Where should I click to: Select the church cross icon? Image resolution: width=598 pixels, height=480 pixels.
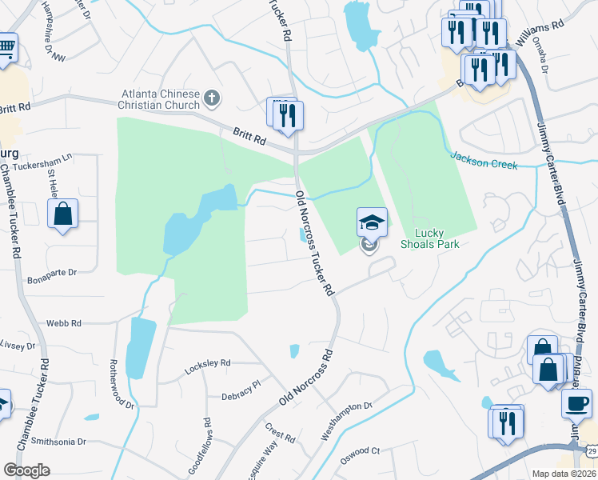[x=212, y=99]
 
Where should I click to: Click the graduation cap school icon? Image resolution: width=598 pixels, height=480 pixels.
[x=372, y=222]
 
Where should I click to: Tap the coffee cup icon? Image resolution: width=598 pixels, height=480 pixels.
[x=576, y=403]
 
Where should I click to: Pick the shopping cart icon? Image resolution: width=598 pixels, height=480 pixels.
[x=6, y=46]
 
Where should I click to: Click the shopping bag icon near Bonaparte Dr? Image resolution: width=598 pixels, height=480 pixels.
[x=62, y=214]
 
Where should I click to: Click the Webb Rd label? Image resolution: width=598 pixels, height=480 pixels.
[x=64, y=323]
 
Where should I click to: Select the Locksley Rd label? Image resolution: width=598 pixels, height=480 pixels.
[x=207, y=363]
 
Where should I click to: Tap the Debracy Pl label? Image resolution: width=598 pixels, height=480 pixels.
[x=241, y=385]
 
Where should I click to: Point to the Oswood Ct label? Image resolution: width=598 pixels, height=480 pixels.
[x=361, y=450]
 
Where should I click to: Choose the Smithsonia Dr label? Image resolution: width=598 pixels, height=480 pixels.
[x=58, y=441]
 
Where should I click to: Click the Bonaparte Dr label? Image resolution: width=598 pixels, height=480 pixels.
[x=51, y=273]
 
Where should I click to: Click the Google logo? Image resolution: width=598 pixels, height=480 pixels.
[x=26, y=470]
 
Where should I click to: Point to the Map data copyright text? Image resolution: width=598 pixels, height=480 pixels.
[x=564, y=474]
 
